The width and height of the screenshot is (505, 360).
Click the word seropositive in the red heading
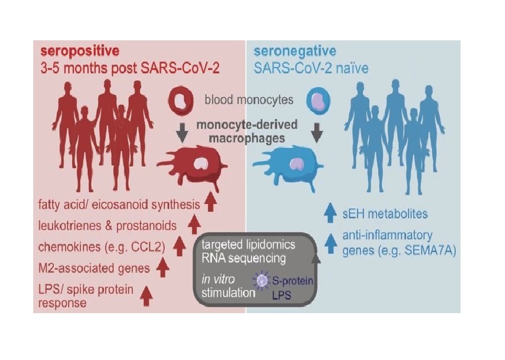(x=80, y=51)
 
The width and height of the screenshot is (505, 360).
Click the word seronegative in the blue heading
(x=295, y=51)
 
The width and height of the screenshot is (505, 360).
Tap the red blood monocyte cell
(x=181, y=101)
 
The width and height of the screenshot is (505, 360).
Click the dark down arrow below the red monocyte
(x=182, y=133)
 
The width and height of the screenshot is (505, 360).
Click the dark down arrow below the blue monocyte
(x=317, y=133)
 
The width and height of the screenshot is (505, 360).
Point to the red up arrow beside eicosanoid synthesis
(x=210, y=202)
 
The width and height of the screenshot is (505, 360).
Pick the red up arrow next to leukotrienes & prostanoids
(x=194, y=224)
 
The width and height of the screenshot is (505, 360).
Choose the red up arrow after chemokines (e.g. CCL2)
(x=180, y=246)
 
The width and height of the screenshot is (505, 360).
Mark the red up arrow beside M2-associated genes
(x=162, y=267)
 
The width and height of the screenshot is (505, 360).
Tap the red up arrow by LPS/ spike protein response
(x=146, y=296)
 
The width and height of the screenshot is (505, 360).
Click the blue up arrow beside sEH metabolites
(x=330, y=212)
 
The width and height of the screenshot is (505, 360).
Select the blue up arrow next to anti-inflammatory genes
(x=330, y=244)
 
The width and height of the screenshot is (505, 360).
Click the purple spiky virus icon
(x=261, y=280)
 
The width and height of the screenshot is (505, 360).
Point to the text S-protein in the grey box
(x=292, y=281)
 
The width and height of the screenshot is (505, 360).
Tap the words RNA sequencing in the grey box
(x=244, y=258)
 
